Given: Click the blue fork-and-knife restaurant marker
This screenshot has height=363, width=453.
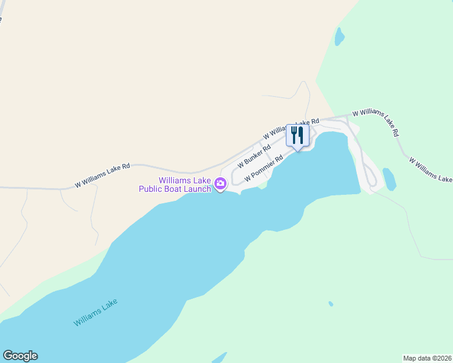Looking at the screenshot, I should tap(297, 135).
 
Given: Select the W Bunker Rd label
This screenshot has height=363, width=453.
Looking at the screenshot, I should tap(254, 156).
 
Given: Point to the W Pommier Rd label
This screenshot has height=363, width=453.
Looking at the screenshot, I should tap(264, 171).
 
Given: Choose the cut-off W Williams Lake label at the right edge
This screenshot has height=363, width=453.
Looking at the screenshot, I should tap(430, 170).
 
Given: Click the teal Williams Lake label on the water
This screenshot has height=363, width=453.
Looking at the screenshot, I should tap(95, 313).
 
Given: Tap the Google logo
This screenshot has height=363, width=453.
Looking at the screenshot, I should tap(20, 356).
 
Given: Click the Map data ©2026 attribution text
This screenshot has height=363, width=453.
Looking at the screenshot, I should tap(427, 358).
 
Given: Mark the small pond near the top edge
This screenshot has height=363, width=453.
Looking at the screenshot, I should tap(339, 37).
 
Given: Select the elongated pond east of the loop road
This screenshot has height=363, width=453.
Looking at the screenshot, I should tap(389, 179).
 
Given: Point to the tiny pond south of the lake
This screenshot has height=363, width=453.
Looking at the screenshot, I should tap(330, 304).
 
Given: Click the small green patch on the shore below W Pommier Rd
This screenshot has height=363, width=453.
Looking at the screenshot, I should tap(262, 186).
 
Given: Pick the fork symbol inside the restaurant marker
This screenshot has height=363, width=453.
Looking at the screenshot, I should tap(294, 134).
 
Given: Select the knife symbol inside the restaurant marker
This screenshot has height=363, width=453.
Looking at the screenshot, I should tap(300, 134).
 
